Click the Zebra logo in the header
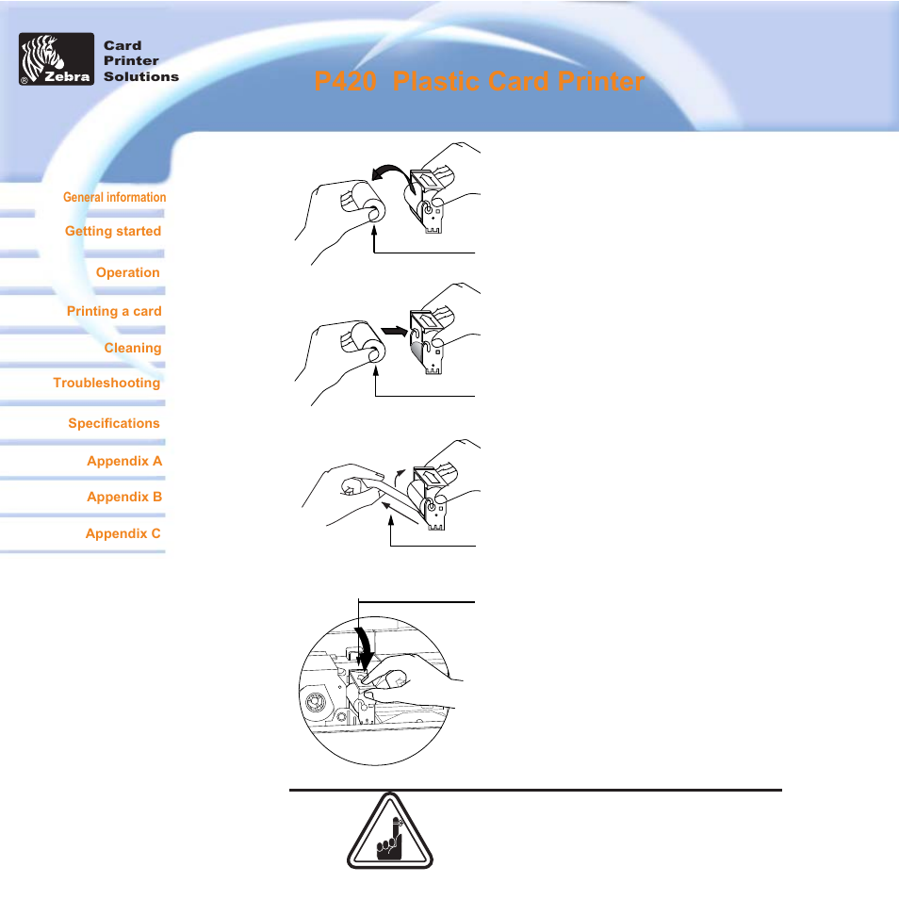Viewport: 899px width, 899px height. [x=57, y=59]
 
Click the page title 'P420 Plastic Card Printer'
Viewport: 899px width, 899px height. [x=480, y=81]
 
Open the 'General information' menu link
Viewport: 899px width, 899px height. [x=115, y=197]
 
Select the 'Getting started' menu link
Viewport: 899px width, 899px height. [x=113, y=231]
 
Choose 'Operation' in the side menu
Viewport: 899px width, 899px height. [x=128, y=272]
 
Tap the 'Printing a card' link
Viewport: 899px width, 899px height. [x=114, y=311]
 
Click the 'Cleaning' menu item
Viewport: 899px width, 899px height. [x=133, y=348]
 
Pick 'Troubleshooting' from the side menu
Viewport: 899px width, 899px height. [x=106, y=383]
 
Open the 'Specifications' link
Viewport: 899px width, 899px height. [x=114, y=423]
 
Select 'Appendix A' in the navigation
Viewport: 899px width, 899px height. [x=124, y=461]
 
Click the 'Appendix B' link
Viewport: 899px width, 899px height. [x=124, y=497]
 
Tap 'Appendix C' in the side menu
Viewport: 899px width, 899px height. [x=123, y=533]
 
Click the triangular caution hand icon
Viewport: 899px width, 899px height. [x=390, y=831]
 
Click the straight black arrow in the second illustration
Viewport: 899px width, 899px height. [x=394, y=332]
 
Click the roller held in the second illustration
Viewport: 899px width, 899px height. [x=363, y=342]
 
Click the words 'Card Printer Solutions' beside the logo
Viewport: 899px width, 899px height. [x=141, y=60]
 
